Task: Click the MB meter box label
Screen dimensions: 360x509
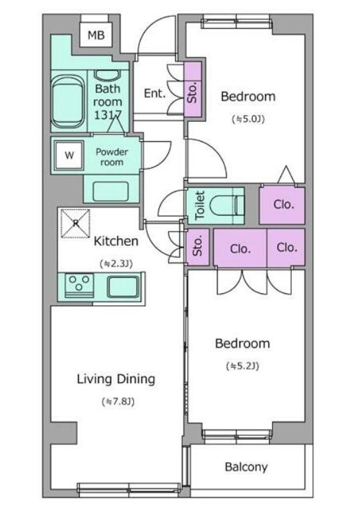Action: [x=96, y=35]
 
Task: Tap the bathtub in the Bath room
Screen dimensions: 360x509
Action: [x=68, y=102]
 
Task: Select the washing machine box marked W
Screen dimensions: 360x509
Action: [x=69, y=155]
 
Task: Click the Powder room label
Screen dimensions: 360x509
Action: [x=112, y=157]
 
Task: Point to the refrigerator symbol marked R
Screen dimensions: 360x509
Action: [x=76, y=223]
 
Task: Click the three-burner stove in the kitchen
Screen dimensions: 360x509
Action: [x=79, y=285]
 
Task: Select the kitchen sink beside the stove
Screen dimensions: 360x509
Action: [x=123, y=287]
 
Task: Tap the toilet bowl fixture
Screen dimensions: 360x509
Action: [x=227, y=206]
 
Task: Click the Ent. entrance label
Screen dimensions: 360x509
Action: [x=155, y=94]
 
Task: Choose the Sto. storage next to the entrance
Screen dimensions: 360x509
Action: [x=193, y=89]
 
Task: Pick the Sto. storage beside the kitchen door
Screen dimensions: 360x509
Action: [x=197, y=246]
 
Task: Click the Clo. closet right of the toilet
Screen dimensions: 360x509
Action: [x=282, y=205]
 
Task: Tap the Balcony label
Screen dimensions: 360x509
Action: [x=246, y=467]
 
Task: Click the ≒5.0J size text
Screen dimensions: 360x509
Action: [x=248, y=119]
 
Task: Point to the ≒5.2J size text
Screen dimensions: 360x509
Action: [x=243, y=366]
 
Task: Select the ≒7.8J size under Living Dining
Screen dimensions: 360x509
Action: [x=118, y=402]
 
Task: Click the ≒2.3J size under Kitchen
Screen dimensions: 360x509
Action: [x=116, y=264]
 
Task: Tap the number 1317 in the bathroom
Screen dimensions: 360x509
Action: [x=108, y=115]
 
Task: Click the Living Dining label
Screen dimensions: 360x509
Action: [x=116, y=379]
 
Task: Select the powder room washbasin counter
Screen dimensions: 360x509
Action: [x=112, y=191]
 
